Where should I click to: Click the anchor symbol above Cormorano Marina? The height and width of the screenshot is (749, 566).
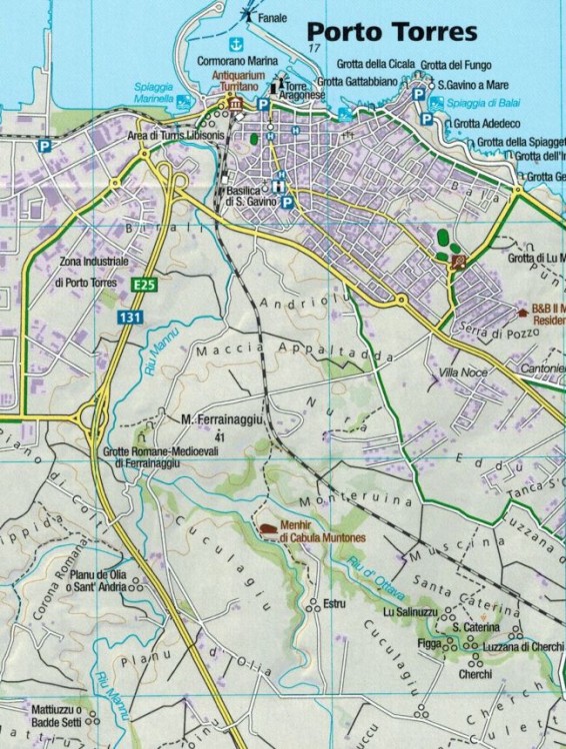(x=236, y=44)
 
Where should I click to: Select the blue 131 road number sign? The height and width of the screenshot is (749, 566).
(x=128, y=317)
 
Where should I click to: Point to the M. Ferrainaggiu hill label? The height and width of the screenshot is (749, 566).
(x=221, y=420)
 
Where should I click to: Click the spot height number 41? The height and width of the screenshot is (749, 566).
(x=219, y=436)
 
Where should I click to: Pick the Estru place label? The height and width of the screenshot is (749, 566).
(x=333, y=603)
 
